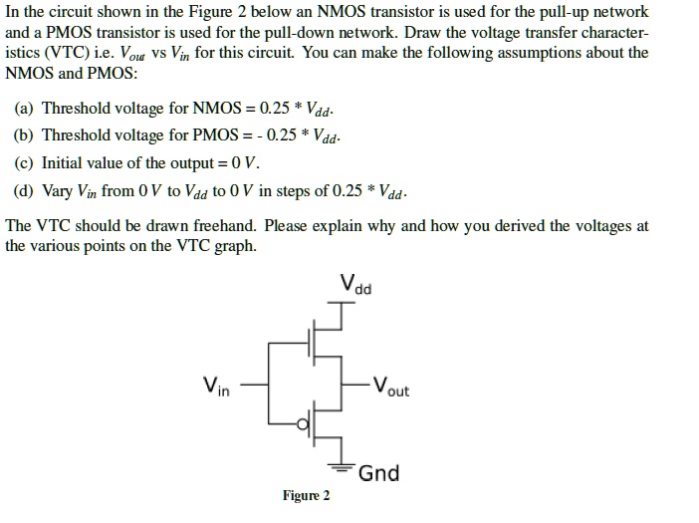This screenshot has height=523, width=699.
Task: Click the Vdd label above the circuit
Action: tap(354, 284)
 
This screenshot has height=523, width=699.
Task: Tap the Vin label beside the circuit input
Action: tap(216, 386)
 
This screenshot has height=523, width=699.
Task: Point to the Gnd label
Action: tap(378, 472)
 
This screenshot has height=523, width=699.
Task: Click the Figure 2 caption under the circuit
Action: tap(306, 495)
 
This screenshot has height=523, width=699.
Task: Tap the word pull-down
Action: tap(263, 32)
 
